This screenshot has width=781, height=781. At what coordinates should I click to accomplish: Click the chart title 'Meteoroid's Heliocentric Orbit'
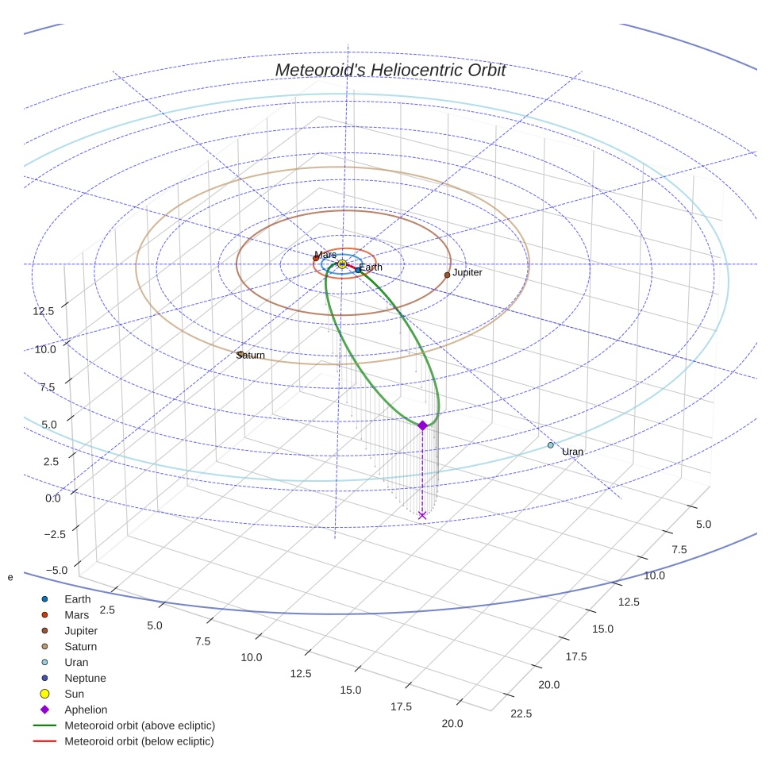coord(390,70)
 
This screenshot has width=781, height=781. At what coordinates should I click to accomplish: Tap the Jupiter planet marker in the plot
coord(447,275)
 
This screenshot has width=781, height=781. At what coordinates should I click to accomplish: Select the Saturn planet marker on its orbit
coord(240,354)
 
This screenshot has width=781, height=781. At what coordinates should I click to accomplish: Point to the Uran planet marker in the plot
coord(551,445)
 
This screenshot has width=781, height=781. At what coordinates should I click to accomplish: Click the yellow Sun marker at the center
coord(342,264)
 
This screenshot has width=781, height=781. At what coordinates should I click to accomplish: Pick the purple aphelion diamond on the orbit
coord(422,426)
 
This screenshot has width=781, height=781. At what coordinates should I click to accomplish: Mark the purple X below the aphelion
coord(422,515)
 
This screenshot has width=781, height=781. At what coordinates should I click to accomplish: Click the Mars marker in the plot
coord(316,258)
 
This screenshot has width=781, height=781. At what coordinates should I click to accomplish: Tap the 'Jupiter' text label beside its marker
coord(467,272)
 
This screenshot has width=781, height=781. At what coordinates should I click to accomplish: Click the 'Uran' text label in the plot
coord(572,452)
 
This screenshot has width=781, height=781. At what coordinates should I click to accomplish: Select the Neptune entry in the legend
coord(85,678)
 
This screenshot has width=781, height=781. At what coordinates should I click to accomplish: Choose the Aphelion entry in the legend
coord(86,710)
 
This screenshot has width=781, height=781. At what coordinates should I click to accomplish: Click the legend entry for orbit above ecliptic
coord(139,725)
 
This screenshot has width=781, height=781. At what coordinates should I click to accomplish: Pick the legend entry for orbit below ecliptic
coord(139,741)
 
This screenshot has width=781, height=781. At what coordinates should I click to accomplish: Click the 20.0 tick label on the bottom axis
coord(452,723)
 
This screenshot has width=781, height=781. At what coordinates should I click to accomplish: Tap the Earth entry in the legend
coord(77,598)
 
